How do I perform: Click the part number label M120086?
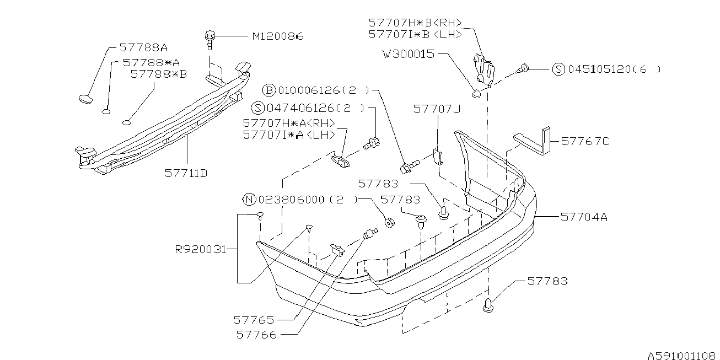point(278,36)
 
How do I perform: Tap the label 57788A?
point(143,48)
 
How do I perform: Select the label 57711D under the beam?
point(186,173)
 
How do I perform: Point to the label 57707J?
point(437,110)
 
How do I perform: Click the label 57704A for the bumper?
point(584,217)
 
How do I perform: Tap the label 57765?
point(254,319)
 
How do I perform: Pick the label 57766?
point(257,334)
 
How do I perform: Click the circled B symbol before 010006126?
point(268,90)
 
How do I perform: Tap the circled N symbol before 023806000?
point(249,200)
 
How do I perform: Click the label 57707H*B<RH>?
point(415,23)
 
